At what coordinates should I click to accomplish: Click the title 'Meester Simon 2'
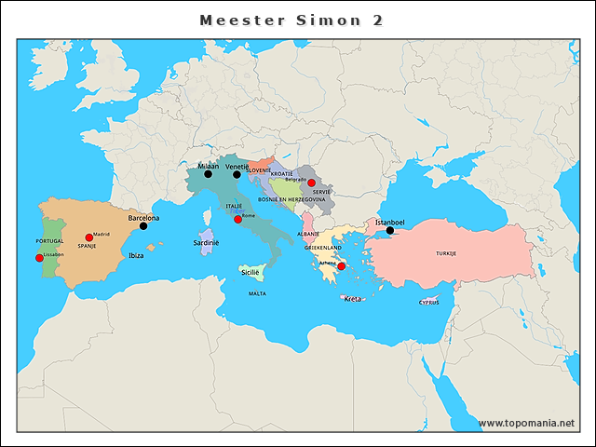pos(291,20)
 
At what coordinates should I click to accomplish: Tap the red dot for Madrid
pos(89,237)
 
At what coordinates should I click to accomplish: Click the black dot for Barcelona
pos(143,226)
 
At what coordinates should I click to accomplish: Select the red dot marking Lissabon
pos(39,258)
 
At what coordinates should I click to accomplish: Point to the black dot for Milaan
pos(209,174)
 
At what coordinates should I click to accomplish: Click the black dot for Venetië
pos(237,174)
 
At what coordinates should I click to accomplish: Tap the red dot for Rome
pos(237,220)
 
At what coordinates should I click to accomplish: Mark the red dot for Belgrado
pos(311,183)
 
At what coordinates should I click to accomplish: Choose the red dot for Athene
pos(341,266)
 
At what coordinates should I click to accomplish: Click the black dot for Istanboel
pos(390,231)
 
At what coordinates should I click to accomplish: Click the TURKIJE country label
pos(446,253)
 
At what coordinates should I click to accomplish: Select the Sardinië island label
pos(206,242)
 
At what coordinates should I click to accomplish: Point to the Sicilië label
pos(251,272)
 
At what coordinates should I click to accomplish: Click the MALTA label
pos(257,293)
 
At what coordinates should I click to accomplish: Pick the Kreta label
pos(352,299)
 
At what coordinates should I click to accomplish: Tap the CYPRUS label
pos(428,302)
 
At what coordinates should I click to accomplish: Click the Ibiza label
pos(136,254)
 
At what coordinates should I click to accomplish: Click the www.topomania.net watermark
pos(527,423)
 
